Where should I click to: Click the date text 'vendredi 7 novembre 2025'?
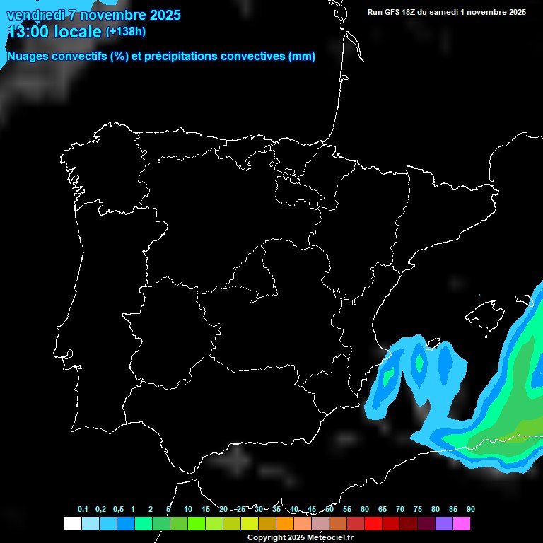[x=93, y=15]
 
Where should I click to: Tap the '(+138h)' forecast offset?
[x=125, y=32]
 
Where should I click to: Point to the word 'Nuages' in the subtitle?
[x=28, y=57]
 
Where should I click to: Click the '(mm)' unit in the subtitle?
[x=302, y=57]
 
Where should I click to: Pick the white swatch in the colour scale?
[x=72, y=523]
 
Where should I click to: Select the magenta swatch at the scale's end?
[x=462, y=523]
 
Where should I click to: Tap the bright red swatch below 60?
[x=373, y=523]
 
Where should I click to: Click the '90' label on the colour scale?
[x=471, y=510]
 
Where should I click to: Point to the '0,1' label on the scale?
[x=83, y=510]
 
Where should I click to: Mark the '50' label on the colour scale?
[x=329, y=510]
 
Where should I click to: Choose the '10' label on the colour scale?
[x=188, y=510]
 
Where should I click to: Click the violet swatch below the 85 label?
[x=444, y=523]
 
